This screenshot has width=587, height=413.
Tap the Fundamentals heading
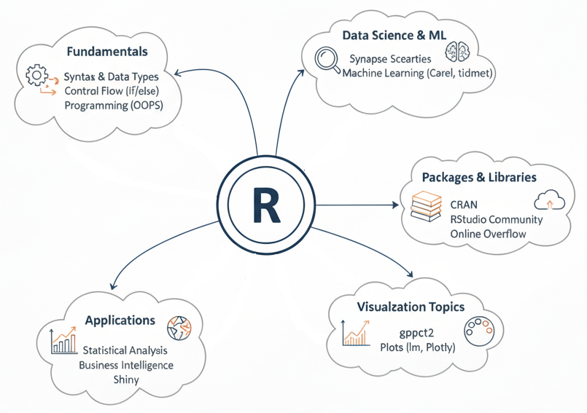(106, 52)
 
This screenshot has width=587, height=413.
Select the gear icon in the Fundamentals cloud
(36, 75)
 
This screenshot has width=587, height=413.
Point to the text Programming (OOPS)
(113, 106)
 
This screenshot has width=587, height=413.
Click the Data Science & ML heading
(394, 35)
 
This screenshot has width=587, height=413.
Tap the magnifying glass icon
(327, 60)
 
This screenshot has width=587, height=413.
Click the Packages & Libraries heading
(479, 178)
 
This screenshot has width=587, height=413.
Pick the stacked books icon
(427, 206)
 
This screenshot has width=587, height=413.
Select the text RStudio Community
(497, 219)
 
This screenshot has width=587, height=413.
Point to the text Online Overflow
(488, 234)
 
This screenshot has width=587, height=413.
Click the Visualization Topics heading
(411, 307)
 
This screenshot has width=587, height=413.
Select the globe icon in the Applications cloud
(178, 328)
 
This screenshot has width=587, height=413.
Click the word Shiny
(125, 379)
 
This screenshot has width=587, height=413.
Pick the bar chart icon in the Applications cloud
(64, 340)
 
